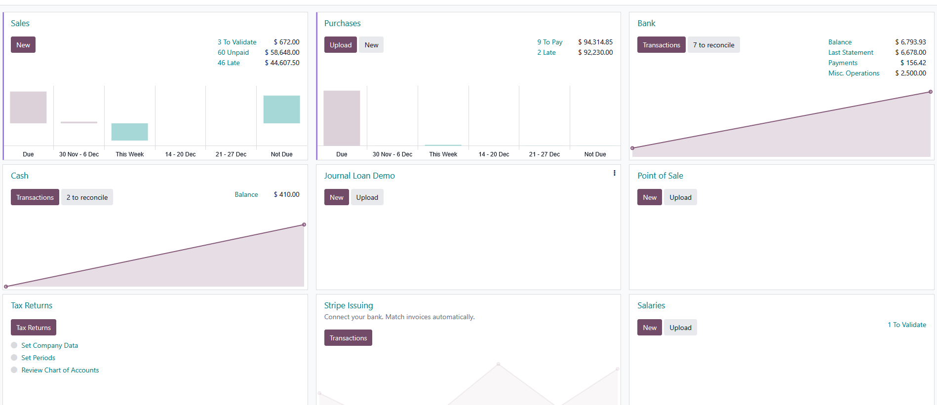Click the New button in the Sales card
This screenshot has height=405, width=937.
[23, 45]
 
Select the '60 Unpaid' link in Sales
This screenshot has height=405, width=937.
[233, 52]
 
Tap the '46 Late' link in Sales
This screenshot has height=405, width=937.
[229, 63]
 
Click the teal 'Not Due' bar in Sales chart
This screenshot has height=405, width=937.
[281, 109]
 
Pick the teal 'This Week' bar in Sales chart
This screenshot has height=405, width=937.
[129, 132]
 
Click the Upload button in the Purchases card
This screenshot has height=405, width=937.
[340, 45]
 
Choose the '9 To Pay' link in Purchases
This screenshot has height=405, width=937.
[549, 42]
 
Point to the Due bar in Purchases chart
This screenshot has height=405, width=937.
[342, 118]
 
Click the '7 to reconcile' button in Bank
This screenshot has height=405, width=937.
[713, 45]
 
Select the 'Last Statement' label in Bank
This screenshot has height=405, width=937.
[851, 52]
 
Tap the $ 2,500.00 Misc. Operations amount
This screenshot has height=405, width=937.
[910, 73]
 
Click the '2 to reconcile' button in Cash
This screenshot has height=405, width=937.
[87, 197]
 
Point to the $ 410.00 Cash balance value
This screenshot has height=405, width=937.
[286, 194]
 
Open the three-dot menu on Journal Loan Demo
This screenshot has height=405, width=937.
[614, 173]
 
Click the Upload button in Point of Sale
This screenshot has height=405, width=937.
[680, 197]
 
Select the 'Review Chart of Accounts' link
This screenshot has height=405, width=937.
[60, 370]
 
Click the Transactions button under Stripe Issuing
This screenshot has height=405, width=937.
[348, 338]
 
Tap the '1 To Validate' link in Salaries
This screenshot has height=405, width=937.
[906, 325]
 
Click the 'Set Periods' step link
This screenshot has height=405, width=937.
[38, 358]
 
